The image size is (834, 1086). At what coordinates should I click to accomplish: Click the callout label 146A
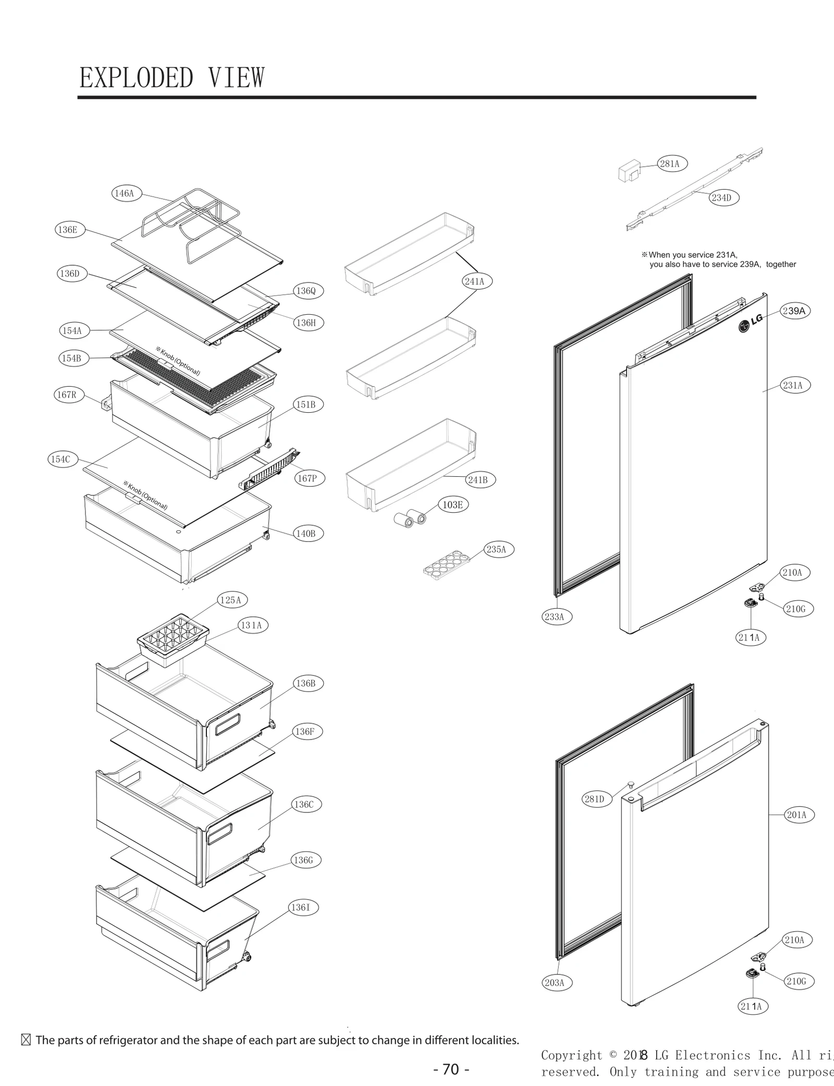coord(125,193)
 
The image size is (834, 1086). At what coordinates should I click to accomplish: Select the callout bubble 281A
coord(670,164)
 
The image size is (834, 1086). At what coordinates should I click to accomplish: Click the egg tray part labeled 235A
coord(446,564)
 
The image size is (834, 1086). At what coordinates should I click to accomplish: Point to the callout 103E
coord(452,504)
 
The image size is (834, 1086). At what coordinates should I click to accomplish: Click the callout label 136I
coord(301,907)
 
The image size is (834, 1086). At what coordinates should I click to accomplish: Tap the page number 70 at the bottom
coord(451,1069)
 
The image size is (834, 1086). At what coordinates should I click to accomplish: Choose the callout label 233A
coord(554,617)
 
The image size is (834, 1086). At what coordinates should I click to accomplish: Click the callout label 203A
coord(554,983)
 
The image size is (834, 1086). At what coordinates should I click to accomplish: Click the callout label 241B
coord(478,480)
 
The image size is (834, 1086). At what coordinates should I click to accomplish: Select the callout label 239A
coord(794,311)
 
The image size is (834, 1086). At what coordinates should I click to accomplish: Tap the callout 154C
coord(60,459)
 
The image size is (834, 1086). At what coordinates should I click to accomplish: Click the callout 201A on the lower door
coord(796,815)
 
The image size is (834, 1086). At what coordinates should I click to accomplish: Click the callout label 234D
coord(721,198)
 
